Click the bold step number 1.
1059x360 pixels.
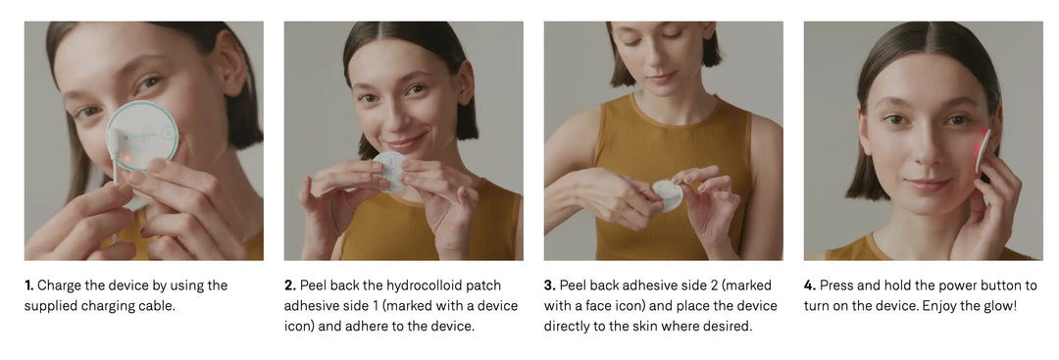(x=29, y=285)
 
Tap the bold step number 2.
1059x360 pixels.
(x=289, y=285)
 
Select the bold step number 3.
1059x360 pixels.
(x=550, y=285)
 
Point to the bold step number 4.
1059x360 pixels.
(x=810, y=285)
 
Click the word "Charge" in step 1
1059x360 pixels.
(x=60, y=285)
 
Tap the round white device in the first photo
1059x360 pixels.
(x=142, y=134)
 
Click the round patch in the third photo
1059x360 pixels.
(x=668, y=196)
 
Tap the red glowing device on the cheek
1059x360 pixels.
(x=982, y=151)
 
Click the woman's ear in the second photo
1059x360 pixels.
(x=466, y=81)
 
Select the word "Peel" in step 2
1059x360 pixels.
(x=314, y=285)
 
